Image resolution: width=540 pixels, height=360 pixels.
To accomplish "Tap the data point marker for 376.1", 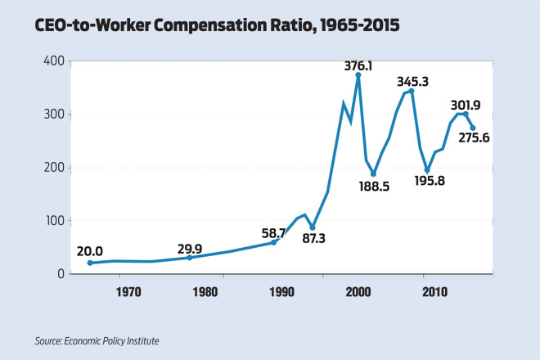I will point(358,75).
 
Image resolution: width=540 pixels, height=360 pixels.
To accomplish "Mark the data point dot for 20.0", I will point(90,263).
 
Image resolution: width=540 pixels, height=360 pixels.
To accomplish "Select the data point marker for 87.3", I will point(313,227).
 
